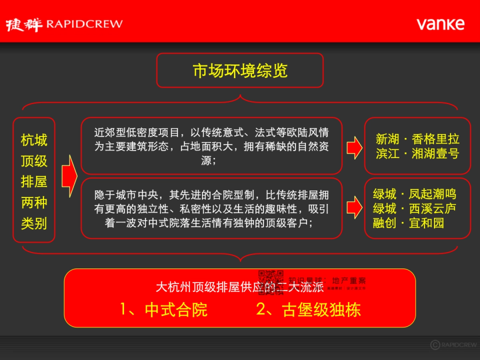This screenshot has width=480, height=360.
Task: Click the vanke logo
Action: point(440,24)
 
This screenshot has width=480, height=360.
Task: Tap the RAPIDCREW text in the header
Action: point(84,24)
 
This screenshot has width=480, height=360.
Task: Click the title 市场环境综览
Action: point(240,71)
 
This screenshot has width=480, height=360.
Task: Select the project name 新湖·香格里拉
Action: point(417,139)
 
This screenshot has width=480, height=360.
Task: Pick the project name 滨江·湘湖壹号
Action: point(417,154)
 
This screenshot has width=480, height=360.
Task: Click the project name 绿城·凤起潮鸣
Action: point(414,194)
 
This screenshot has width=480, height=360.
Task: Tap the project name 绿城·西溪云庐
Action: point(414,208)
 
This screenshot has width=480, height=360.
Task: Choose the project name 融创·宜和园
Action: point(408,223)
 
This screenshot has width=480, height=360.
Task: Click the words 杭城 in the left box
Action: point(34,140)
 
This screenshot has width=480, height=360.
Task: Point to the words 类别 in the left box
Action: point(34,224)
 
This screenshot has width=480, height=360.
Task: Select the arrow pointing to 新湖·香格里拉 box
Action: point(354,147)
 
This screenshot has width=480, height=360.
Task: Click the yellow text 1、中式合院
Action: point(164,310)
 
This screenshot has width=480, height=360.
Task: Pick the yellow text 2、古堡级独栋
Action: point(308,310)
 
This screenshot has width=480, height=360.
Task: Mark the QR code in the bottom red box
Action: point(271,282)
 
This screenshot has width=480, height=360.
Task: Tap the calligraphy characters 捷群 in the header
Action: point(24,24)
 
